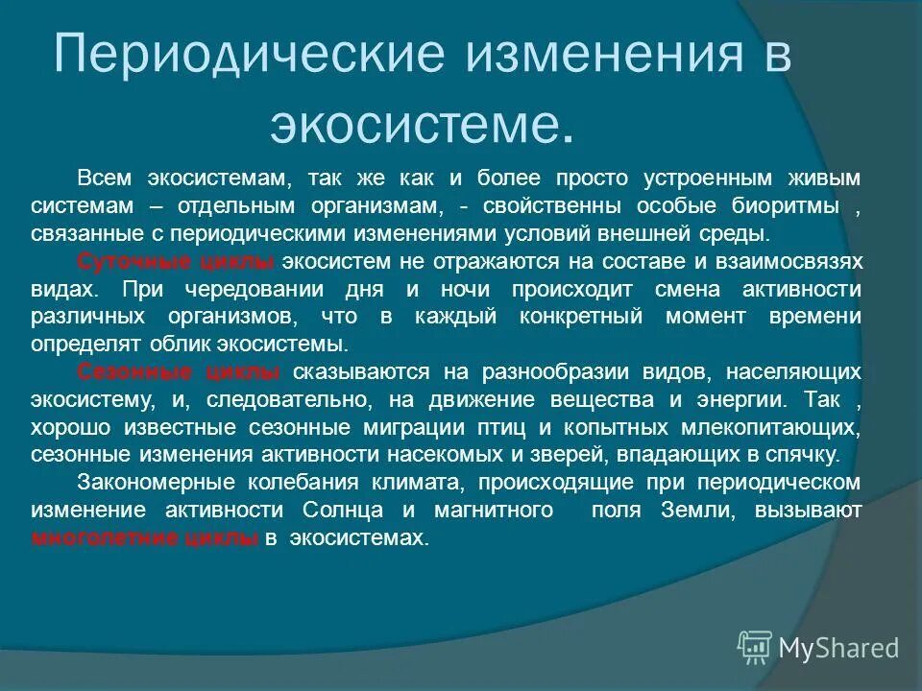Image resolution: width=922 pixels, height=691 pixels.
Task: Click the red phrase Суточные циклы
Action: [175, 261]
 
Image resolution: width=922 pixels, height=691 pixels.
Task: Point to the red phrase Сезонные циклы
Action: [178, 371]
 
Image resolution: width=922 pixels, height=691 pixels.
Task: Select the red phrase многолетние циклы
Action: [145, 538]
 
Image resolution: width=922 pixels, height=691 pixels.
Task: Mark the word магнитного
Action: [498, 511]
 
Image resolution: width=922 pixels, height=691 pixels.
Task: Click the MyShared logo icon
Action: [755, 648]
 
